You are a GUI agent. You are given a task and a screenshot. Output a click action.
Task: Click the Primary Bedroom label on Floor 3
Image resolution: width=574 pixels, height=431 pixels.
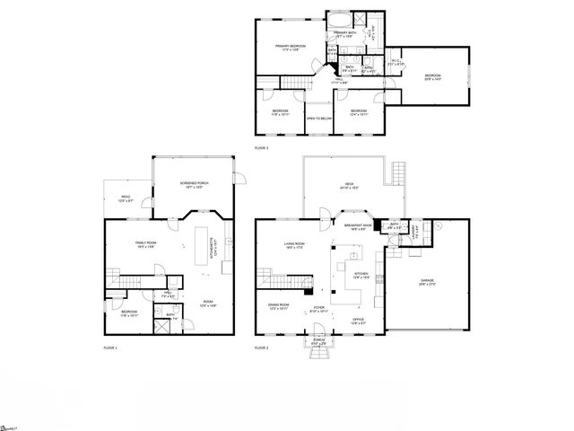[291, 47]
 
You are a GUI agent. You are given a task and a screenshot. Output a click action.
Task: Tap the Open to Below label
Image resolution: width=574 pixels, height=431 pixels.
[318, 118]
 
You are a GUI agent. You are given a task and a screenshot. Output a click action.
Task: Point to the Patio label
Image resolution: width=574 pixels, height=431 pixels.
[126, 200]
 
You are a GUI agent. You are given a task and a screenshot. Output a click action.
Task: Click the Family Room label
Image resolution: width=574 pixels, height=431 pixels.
[146, 244]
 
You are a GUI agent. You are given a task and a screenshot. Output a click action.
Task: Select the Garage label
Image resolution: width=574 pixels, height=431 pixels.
[427, 282]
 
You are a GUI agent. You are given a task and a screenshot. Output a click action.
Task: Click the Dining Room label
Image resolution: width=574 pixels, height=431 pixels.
[278, 306]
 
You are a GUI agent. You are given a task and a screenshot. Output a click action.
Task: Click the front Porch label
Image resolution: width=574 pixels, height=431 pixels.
[318, 341]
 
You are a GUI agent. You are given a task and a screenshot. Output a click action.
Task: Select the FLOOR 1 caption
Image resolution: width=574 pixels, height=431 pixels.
[110, 347]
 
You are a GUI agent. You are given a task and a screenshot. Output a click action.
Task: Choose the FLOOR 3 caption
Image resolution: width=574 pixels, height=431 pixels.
[261, 147]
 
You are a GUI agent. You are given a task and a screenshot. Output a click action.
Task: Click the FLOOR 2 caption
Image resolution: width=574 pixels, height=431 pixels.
[261, 347]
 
